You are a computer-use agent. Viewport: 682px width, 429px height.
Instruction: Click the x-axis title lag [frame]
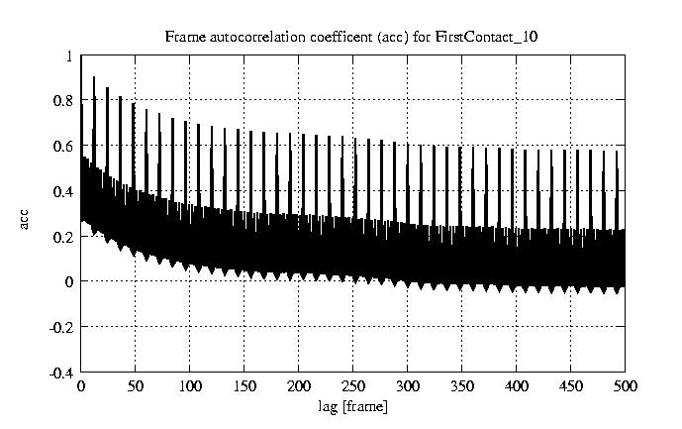[x=352, y=406]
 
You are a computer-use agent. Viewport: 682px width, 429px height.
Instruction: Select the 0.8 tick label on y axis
[x=64, y=101]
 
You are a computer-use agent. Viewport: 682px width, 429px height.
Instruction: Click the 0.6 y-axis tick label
[x=64, y=147]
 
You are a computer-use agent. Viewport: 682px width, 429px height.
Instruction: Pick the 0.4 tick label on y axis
[x=64, y=191]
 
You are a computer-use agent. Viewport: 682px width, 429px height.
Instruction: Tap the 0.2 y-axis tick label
[x=64, y=237]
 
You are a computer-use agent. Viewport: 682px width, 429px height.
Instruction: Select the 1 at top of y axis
[x=69, y=56]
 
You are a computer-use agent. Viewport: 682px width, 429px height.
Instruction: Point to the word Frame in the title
[x=183, y=38]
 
